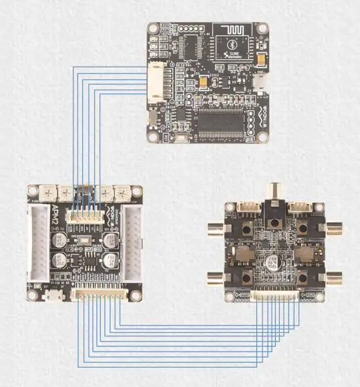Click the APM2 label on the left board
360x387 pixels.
pyautogui.click(x=55, y=218)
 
